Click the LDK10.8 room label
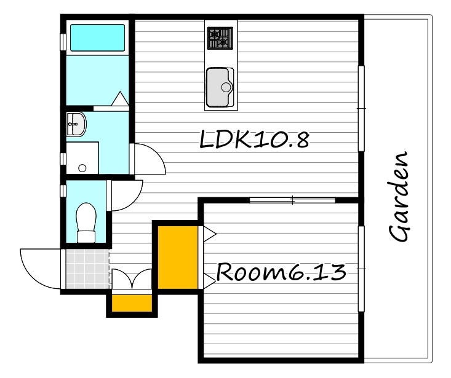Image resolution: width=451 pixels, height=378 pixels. (x=254, y=140)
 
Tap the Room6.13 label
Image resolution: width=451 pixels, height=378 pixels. (x=281, y=272)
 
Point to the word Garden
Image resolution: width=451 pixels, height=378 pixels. (x=399, y=196)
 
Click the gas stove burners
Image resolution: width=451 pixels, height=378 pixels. (x=220, y=38)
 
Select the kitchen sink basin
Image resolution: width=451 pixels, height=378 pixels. (x=220, y=87)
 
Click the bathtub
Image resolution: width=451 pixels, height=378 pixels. (x=97, y=38)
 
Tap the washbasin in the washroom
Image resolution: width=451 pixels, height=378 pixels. (x=76, y=124)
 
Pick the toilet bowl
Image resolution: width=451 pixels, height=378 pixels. (x=86, y=222)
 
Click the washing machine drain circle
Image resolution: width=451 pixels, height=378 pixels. (x=82, y=168)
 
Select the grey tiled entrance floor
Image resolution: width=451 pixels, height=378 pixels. (x=87, y=269)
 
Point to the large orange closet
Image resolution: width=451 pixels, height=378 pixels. (x=178, y=257)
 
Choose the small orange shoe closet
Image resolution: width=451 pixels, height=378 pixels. (x=132, y=303)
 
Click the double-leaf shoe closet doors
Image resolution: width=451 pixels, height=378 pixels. (x=132, y=278)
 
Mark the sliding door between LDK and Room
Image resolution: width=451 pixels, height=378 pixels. (x=292, y=200)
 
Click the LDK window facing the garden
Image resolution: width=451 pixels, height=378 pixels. (x=361, y=109)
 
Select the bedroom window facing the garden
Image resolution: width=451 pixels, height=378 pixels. (x=361, y=269)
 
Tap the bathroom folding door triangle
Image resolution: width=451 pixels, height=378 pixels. (x=120, y=98)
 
